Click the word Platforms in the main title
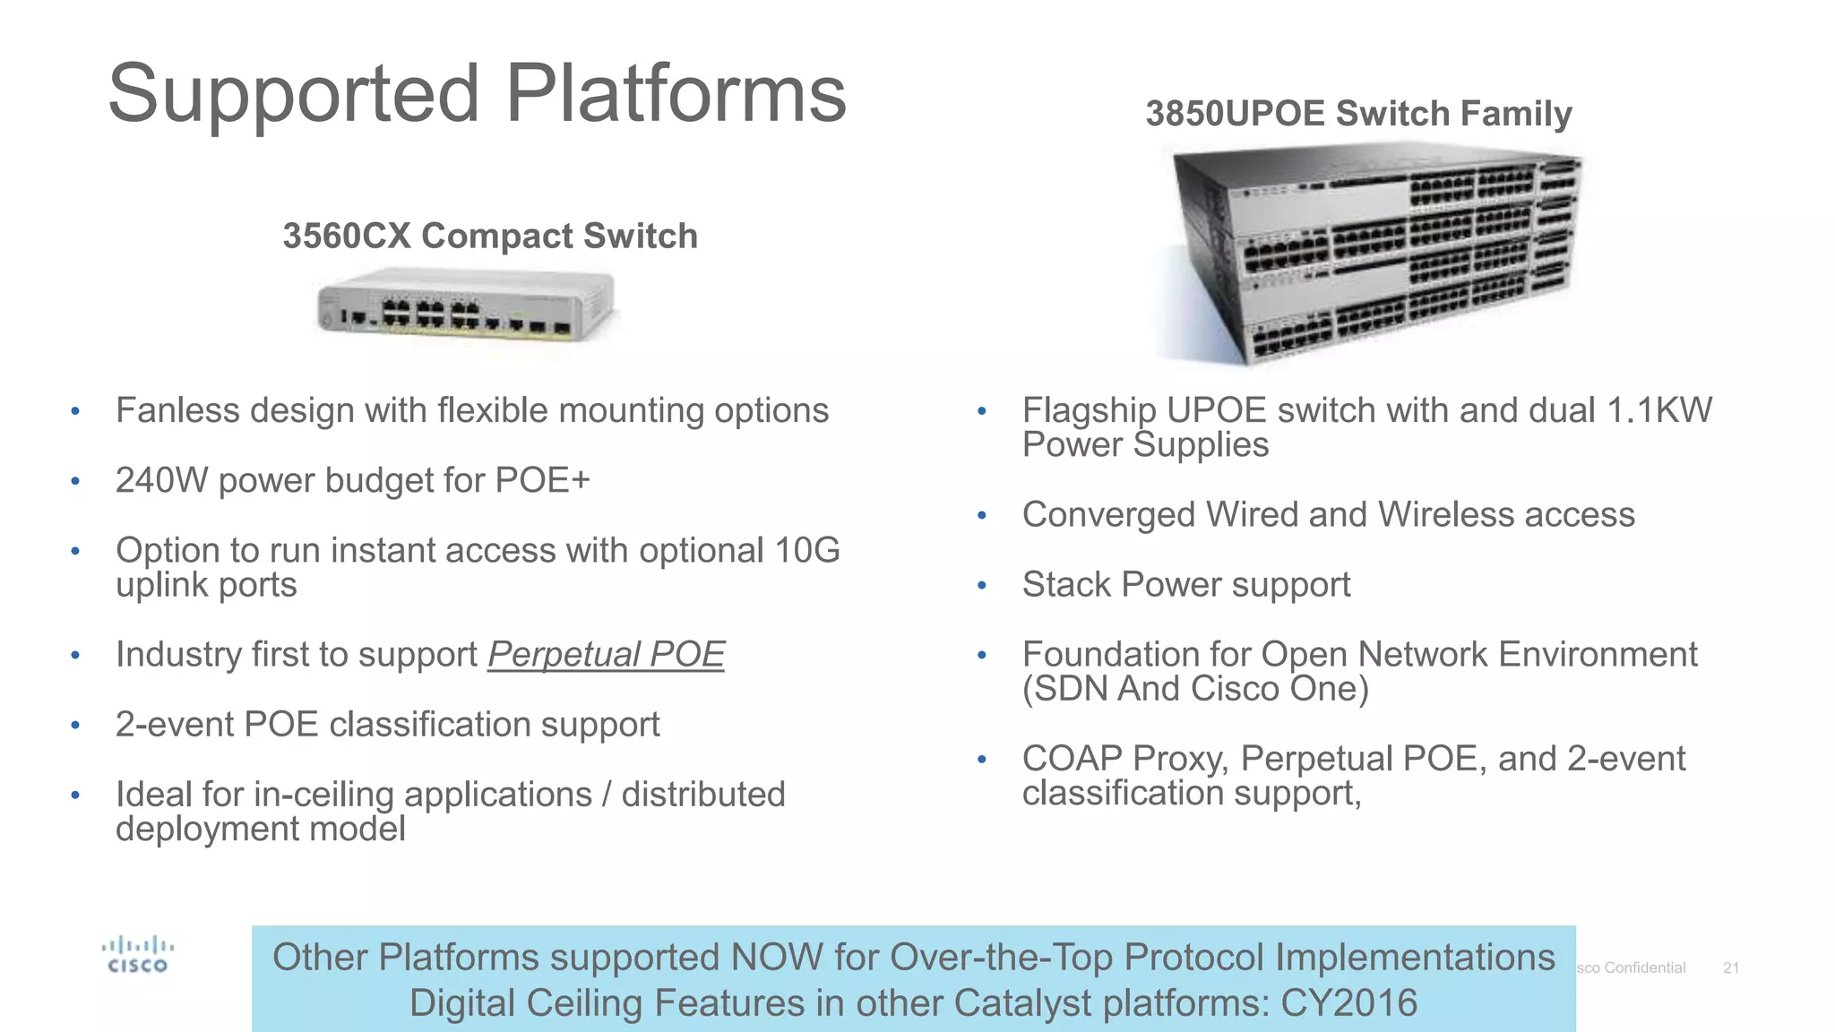point(676,94)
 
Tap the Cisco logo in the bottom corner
point(137,955)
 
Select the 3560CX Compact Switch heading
point(490,236)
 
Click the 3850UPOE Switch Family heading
point(1358,114)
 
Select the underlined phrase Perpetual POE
point(606,655)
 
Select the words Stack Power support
point(1185,585)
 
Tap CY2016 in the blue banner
point(1348,1003)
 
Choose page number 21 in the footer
point(1731,968)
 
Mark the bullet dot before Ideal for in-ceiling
point(76,795)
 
